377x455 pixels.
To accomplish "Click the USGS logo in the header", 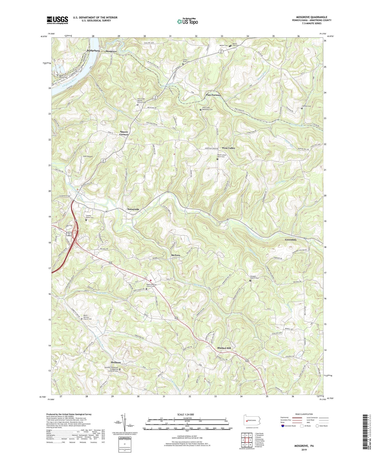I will (57, 20).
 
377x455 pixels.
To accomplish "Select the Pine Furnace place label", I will (213, 95).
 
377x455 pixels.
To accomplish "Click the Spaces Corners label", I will (124, 133).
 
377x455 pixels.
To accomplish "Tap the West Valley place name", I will (229, 148).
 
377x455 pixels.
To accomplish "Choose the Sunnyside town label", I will (133, 209).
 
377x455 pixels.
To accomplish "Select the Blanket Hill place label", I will (224, 348).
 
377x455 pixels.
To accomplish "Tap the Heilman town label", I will (116, 362).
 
